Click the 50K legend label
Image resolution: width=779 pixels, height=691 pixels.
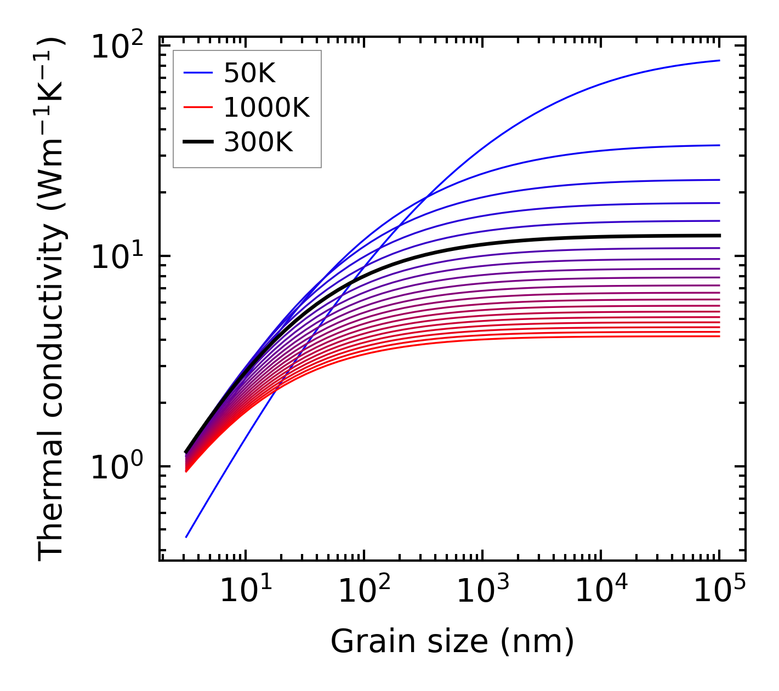(x=249, y=73)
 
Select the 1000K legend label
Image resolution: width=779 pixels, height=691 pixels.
(x=266, y=107)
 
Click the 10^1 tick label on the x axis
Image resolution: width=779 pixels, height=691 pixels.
(x=245, y=590)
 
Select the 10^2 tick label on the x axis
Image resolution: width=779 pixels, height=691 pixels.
(x=364, y=590)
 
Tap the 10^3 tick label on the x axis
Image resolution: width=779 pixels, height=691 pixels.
(x=482, y=590)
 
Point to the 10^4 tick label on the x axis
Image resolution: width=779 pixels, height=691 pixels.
(x=601, y=590)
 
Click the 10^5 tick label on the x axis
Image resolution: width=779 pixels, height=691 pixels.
(x=719, y=590)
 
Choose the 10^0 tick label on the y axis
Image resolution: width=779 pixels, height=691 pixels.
(x=117, y=467)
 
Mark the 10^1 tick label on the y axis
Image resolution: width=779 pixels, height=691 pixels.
(x=117, y=257)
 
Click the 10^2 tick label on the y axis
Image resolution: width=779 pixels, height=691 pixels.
(x=117, y=47)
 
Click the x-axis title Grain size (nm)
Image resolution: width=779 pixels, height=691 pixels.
(x=452, y=641)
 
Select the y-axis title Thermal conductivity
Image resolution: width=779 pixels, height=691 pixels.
(x=52, y=299)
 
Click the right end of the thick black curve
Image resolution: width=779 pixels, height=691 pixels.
(x=719, y=236)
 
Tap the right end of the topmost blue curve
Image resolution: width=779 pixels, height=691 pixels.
(x=719, y=61)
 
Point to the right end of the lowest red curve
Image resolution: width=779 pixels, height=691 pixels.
(x=719, y=336)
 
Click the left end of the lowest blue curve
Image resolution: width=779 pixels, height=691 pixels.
(x=186, y=537)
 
